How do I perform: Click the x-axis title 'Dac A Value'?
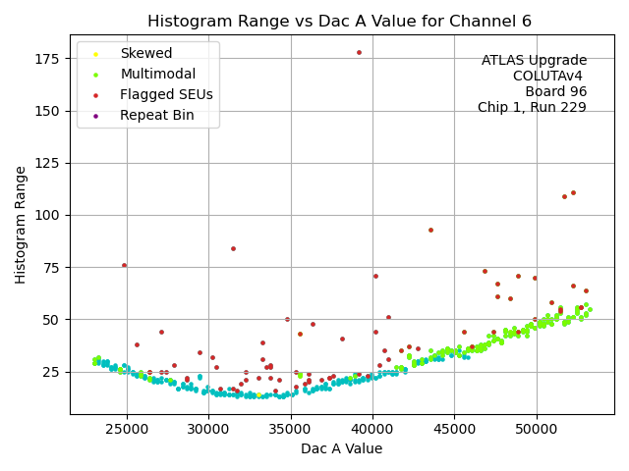[x=341, y=448]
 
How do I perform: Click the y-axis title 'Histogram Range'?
[x=21, y=225]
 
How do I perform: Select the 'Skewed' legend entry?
[x=145, y=53]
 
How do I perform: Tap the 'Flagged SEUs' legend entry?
[x=166, y=94]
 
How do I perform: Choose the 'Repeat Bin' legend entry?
[x=156, y=115]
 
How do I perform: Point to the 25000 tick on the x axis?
[x=127, y=428]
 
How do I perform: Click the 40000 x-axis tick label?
[x=372, y=428]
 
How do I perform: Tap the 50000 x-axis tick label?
[x=537, y=428]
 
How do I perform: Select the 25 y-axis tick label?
[x=51, y=372]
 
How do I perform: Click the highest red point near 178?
[x=359, y=52]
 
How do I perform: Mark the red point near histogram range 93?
[x=430, y=230]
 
